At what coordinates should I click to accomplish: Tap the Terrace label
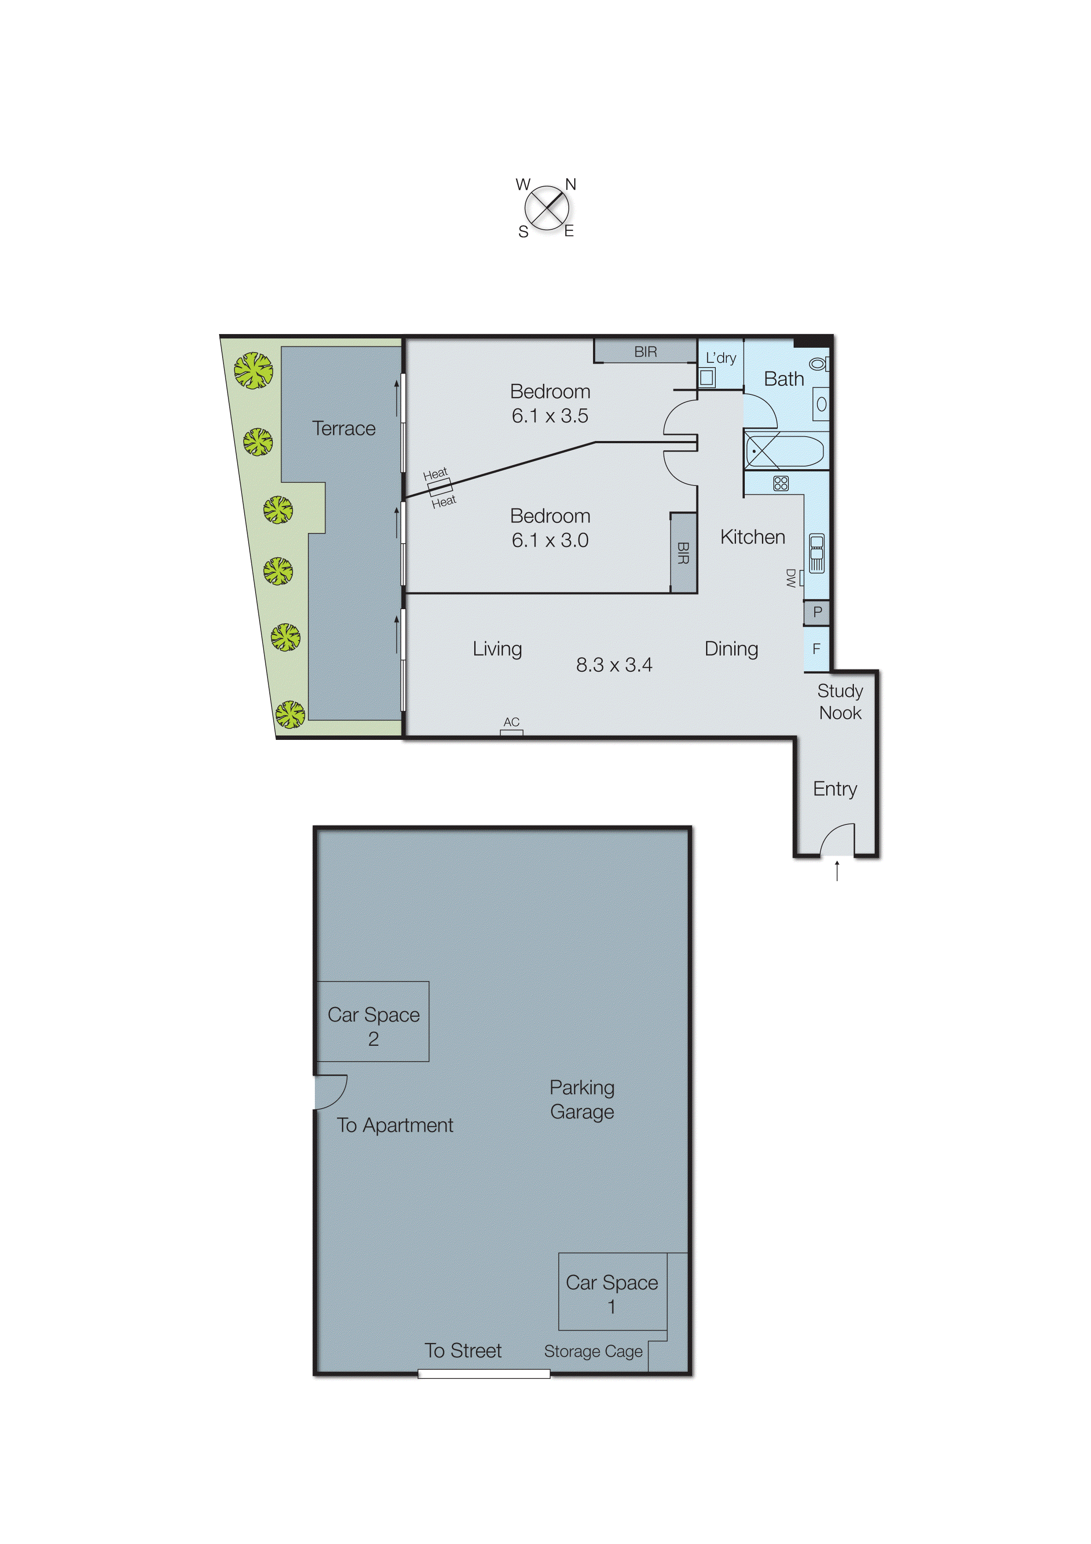click(344, 428)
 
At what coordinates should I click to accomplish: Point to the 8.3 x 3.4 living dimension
click(614, 665)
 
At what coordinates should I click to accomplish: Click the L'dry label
click(721, 358)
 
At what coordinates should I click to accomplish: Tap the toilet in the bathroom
click(819, 364)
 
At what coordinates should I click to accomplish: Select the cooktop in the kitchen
click(780, 484)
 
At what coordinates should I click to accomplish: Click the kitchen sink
click(816, 553)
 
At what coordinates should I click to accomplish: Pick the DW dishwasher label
click(791, 577)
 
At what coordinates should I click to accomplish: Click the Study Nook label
click(840, 702)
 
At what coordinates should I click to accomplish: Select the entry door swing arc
click(837, 839)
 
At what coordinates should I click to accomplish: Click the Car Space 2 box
click(373, 1022)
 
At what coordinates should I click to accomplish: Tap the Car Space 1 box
click(612, 1291)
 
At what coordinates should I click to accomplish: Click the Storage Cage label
click(593, 1351)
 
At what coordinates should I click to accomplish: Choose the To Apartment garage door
click(330, 1092)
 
